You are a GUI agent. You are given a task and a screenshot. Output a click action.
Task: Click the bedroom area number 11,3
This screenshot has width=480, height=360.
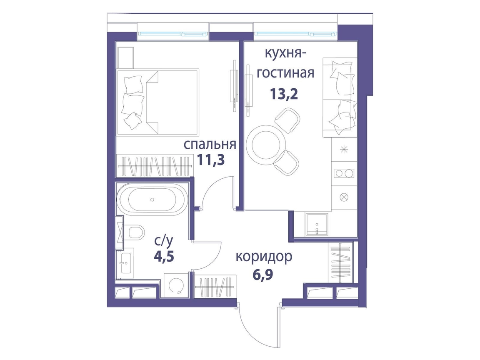click(211, 160)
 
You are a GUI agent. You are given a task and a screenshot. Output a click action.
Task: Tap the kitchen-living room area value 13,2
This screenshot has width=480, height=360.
click(284, 94)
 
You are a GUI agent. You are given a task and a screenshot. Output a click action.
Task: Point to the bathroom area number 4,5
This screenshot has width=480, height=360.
click(164, 256)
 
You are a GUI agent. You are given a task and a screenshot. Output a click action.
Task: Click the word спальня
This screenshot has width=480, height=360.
click(210, 144)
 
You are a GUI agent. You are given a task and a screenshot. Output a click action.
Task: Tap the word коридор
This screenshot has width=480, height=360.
click(264, 257)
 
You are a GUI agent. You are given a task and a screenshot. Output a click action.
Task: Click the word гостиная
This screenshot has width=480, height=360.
click(285, 73)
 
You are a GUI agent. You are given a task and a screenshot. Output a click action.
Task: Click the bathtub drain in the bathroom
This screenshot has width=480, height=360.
click(152, 200)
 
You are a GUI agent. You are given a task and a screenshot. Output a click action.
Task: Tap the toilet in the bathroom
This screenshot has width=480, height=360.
click(136, 232)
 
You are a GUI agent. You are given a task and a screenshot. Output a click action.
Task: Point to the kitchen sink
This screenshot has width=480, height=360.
click(317, 225)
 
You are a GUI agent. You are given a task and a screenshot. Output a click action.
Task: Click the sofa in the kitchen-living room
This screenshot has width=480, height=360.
click(340, 97)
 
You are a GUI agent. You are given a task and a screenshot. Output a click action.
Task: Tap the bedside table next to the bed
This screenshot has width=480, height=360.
click(125, 57)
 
